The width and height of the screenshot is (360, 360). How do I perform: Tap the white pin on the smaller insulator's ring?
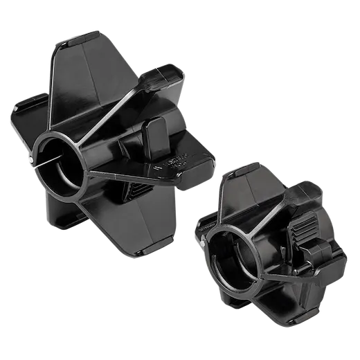201,243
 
